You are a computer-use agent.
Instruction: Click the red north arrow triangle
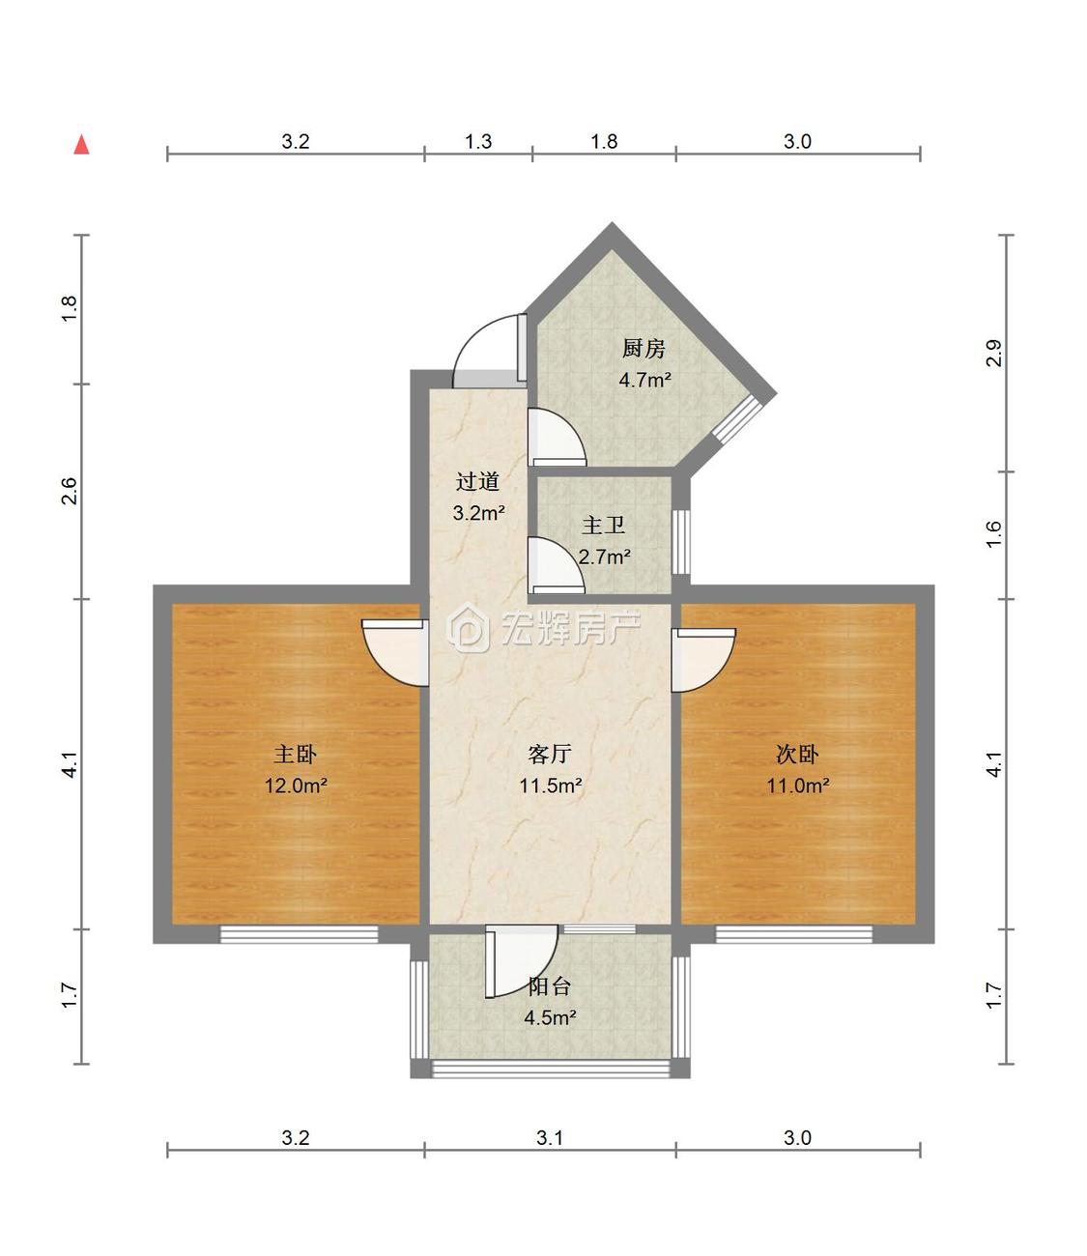pyautogui.click(x=81, y=145)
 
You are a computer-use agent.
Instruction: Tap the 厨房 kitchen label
pyautogui.click(x=644, y=349)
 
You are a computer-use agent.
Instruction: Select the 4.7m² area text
pyautogui.click(x=644, y=381)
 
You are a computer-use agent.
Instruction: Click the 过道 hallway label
pyautogui.click(x=477, y=482)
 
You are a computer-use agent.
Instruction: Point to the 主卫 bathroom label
pyautogui.click(x=603, y=526)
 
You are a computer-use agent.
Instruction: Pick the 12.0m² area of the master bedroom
pyautogui.click(x=296, y=785)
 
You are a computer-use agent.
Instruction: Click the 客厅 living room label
pyautogui.click(x=550, y=755)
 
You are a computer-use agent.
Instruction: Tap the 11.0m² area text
pyautogui.click(x=798, y=785)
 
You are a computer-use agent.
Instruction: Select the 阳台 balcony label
pyautogui.click(x=549, y=986)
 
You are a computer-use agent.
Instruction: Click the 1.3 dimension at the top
pyautogui.click(x=478, y=142)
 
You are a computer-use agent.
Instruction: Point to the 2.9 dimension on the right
pyautogui.click(x=993, y=353)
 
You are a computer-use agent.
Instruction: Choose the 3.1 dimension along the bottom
pyautogui.click(x=549, y=1138)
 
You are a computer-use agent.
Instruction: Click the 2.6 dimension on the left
pyautogui.click(x=70, y=491)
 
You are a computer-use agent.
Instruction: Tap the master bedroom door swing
pyautogui.click(x=395, y=653)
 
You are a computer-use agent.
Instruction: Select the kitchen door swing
pyautogui.click(x=558, y=438)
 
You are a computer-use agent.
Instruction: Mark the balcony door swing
pyautogui.click(x=522, y=962)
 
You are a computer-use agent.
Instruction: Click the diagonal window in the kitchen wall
pyautogui.click(x=736, y=418)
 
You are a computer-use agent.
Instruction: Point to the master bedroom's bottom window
pyautogui.click(x=299, y=934)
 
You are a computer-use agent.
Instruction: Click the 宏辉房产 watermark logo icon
pyautogui.click(x=468, y=627)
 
